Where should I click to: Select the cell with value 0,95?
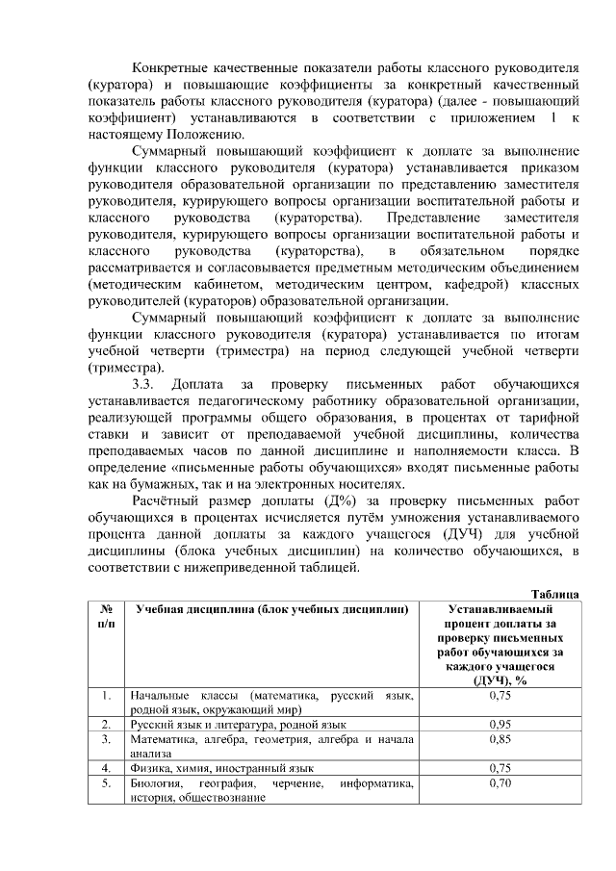(499, 724)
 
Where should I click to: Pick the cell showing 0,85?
(499, 739)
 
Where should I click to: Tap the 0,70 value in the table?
(499, 783)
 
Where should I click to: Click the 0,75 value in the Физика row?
(499, 768)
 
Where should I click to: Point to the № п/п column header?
(103, 617)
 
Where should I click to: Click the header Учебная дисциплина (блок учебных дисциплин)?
(270, 610)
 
